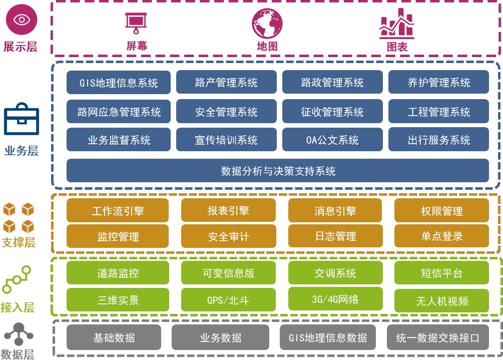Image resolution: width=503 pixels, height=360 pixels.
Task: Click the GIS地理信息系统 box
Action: point(119,83)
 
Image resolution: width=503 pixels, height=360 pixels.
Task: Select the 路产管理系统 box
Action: point(226,83)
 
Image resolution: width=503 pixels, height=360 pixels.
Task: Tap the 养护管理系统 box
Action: point(438,83)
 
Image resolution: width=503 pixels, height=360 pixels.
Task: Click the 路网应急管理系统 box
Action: point(119,112)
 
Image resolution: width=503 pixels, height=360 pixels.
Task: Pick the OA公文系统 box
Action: point(332,140)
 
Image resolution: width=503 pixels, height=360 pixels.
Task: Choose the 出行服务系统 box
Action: point(438,140)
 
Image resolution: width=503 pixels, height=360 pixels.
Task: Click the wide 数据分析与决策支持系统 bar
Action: point(278,171)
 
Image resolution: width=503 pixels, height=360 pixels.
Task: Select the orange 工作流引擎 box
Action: point(118,211)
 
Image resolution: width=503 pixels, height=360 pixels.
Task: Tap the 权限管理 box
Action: point(441,211)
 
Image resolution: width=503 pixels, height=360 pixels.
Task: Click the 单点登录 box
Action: point(441,236)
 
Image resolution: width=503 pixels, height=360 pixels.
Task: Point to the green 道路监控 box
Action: point(118,273)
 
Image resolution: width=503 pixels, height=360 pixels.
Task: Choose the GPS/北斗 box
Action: point(228,300)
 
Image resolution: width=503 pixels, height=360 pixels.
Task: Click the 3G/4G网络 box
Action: point(335,299)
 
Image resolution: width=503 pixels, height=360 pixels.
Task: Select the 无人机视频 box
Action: point(441,301)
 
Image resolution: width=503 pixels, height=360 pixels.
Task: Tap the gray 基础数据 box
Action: point(114,337)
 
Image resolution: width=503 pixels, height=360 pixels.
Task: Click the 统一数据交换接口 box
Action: point(437,337)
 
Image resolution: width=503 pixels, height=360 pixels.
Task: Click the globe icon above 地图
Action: point(267,24)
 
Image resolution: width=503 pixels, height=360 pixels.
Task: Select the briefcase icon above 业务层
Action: point(21,121)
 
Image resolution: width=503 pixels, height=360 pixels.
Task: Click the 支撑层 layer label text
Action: point(19,243)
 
